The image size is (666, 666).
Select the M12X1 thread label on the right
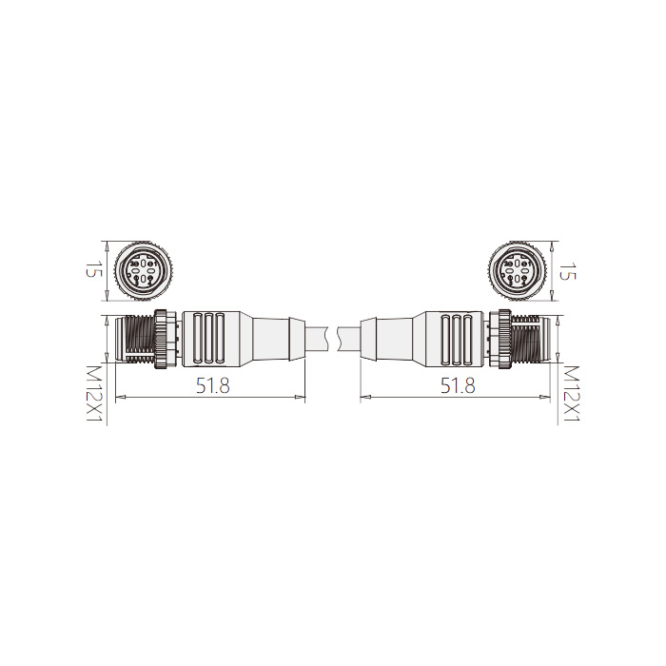(x=571, y=393)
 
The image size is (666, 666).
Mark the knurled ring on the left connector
(x=166, y=340)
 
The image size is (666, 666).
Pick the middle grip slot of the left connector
(x=205, y=340)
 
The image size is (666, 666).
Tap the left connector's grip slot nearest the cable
(x=221, y=340)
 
